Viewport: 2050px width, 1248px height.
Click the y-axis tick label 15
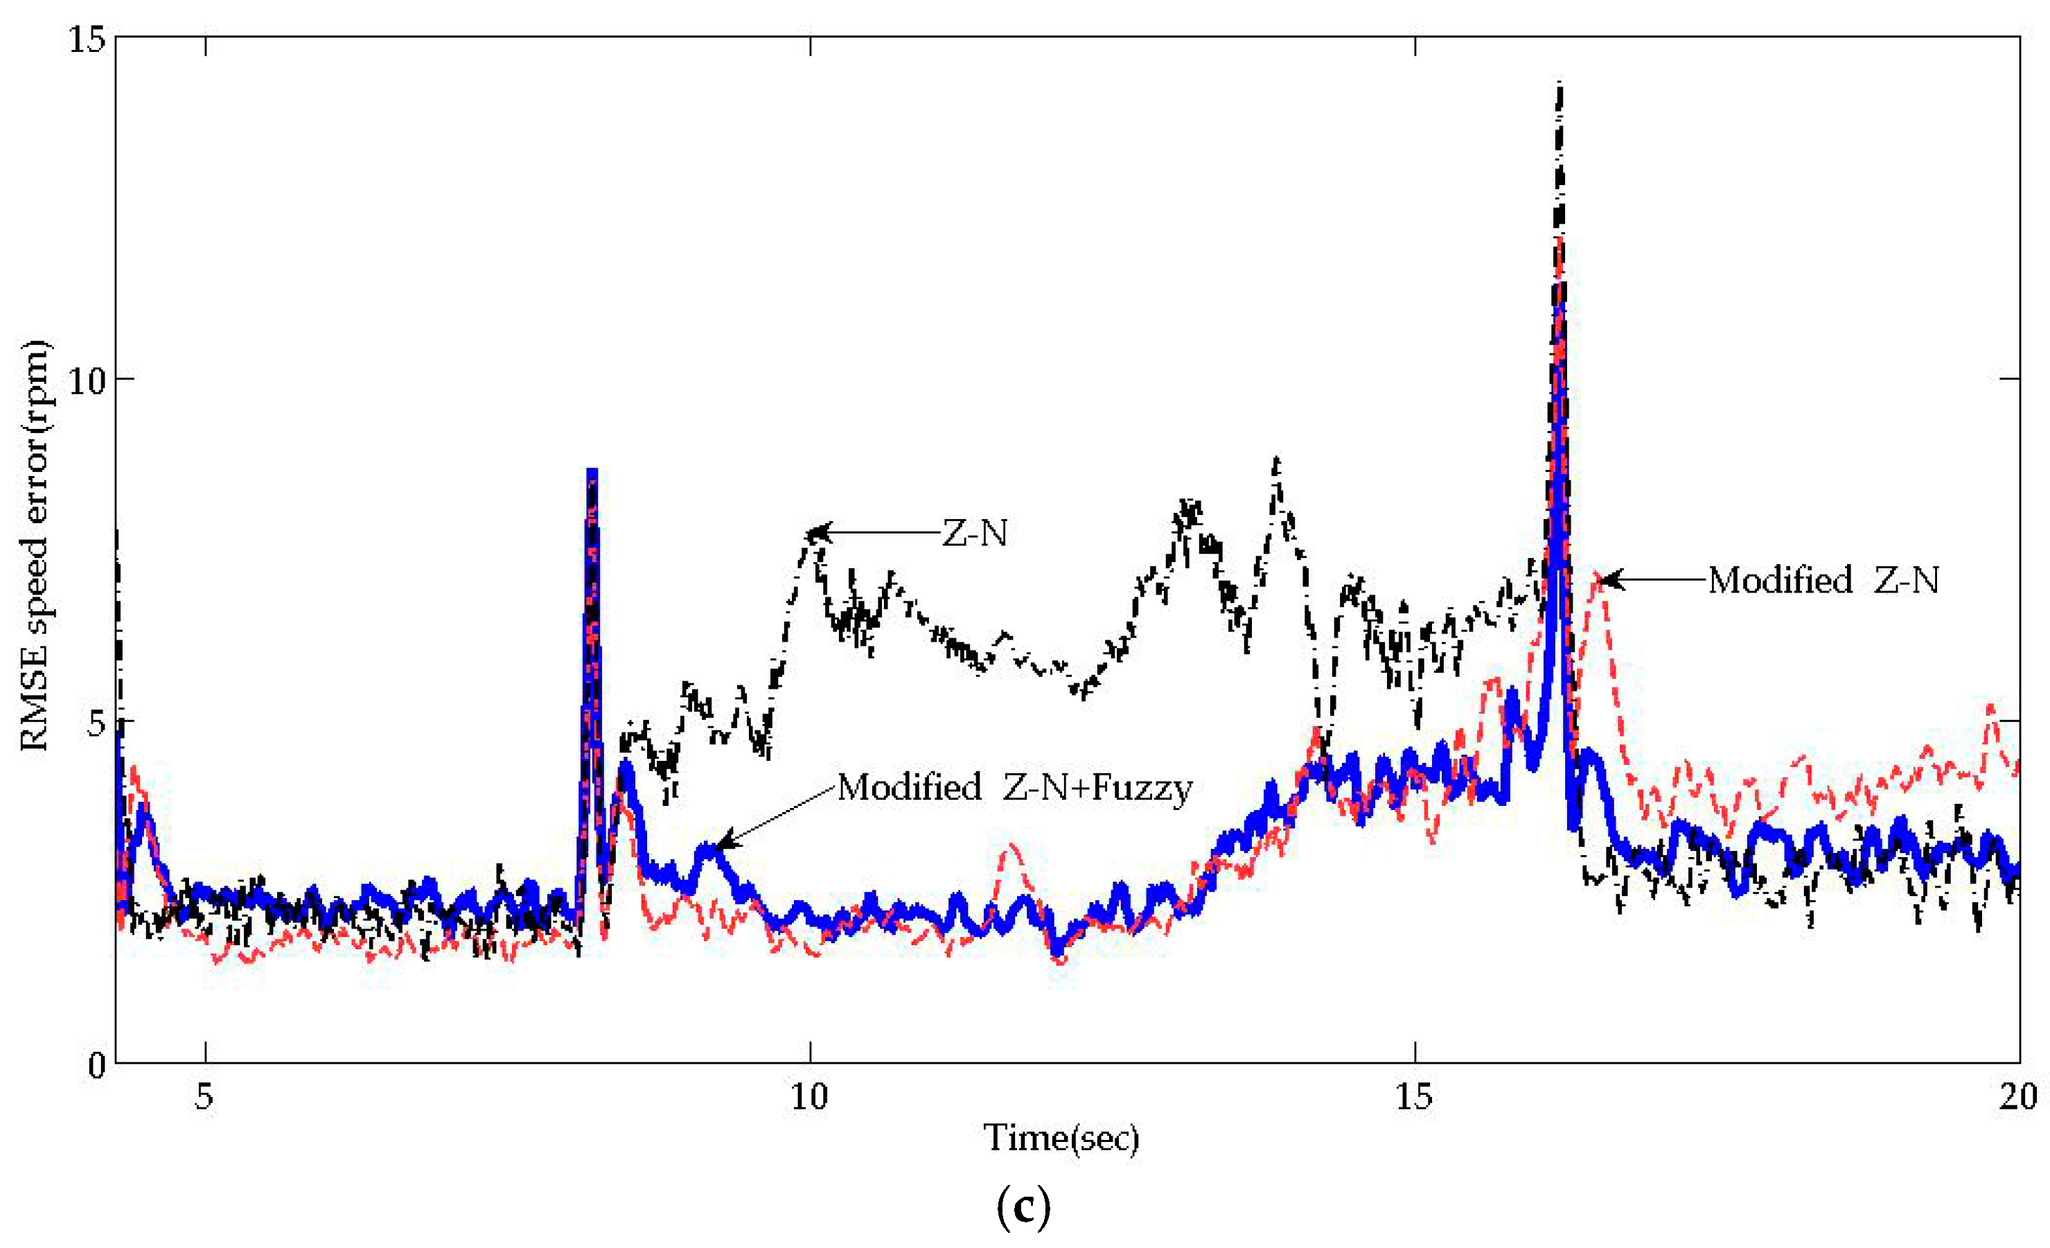[86, 38]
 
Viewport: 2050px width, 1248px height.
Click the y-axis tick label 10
[86, 381]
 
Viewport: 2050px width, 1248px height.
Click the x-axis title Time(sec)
[1061, 1137]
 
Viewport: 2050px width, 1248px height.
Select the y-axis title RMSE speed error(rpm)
[35, 545]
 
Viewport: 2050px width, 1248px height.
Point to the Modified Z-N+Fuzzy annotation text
[1014, 787]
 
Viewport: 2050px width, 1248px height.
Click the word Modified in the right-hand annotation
[1780, 581]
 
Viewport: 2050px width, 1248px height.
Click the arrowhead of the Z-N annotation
[815, 532]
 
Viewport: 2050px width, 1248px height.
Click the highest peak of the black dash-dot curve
[1560, 83]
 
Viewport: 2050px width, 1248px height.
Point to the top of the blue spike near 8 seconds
[592, 472]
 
